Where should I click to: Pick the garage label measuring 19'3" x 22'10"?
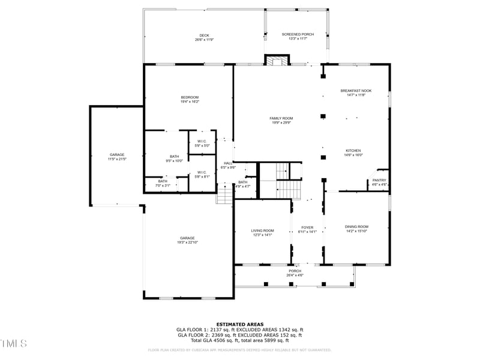point(187,239)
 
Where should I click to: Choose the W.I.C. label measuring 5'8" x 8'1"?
point(202,175)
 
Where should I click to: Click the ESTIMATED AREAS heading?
point(239,324)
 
